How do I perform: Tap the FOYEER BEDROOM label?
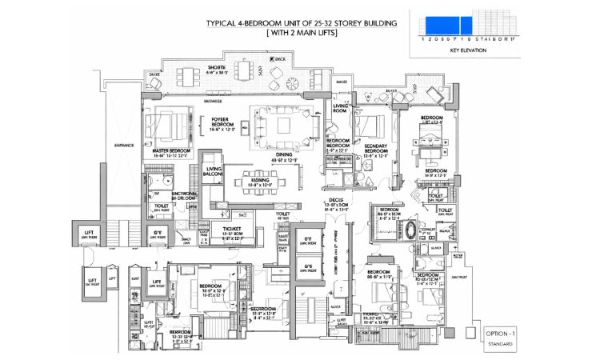click(220, 124)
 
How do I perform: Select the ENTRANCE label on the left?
click(124, 146)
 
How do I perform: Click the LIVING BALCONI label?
click(214, 172)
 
